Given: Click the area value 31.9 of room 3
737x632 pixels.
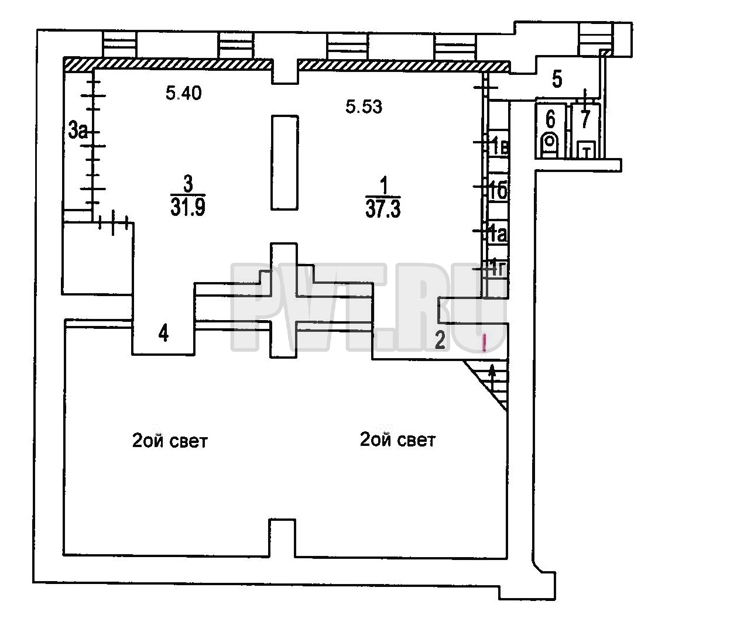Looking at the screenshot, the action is [x=187, y=207].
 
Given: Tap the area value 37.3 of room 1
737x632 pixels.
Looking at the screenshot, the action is [x=383, y=208].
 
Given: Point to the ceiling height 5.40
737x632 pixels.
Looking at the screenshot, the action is [x=184, y=94].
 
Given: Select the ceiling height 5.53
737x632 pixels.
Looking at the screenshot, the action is [x=364, y=107].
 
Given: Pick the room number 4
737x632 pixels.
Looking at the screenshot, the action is [x=163, y=334].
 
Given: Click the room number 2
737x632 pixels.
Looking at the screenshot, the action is [x=440, y=340].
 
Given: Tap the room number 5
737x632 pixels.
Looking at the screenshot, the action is [x=557, y=79].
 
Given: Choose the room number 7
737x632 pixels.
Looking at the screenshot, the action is [x=585, y=119].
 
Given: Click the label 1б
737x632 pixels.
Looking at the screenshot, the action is [x=499, y=191].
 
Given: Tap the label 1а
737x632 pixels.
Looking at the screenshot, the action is [x=498, y=234].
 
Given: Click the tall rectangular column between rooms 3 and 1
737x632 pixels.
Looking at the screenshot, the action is [x=284, y=163].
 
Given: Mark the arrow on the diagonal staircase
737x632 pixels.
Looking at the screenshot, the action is [x=492, y=379].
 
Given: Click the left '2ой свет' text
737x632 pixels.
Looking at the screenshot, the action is [x=170, y=441].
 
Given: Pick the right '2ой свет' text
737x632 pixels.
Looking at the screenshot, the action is [x=397, y=440].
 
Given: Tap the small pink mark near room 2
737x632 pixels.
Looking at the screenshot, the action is [x=484, y=342].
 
